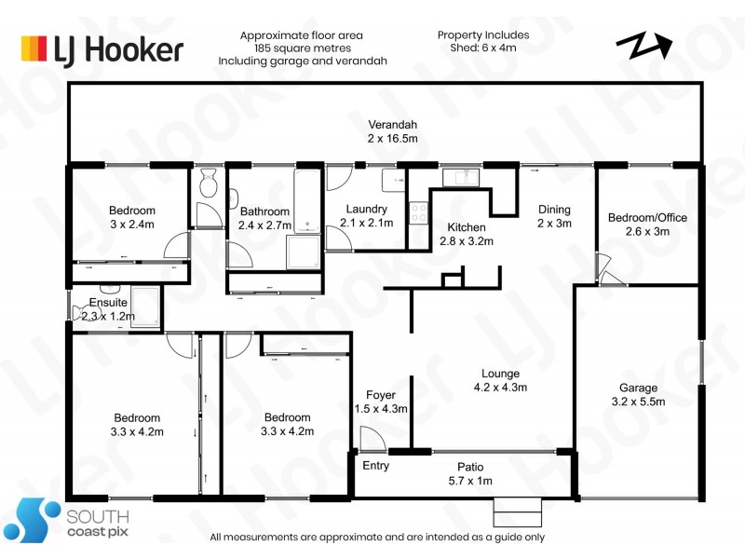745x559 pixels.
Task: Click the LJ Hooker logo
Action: click(102, 49)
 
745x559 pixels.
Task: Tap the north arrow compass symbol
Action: click(643, 45)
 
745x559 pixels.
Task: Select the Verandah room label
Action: click(392, 125)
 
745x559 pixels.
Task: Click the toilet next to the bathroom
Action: click(208, 183)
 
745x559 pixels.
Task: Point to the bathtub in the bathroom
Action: click(307, 201)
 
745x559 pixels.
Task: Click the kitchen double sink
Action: click(461, 177)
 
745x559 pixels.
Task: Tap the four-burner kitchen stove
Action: click(418, 212)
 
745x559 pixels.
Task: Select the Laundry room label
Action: click(366, 209)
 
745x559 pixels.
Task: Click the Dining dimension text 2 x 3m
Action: click(554, 223)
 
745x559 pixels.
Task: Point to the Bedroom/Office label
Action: click(647, 218)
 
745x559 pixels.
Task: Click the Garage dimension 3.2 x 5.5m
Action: click(638, 402)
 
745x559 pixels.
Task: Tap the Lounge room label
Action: click(500, 374)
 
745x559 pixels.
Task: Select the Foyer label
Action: click(381, 395)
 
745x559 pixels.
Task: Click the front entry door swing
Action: click(372, 438)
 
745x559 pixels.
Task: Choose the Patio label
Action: click(470, 467)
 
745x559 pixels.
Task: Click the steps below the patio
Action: click(518, 512)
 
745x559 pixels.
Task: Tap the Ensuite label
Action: click(108, 302)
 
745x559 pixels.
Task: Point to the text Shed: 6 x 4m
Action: click(483, 48)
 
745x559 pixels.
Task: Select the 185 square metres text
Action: click(303, 48)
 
